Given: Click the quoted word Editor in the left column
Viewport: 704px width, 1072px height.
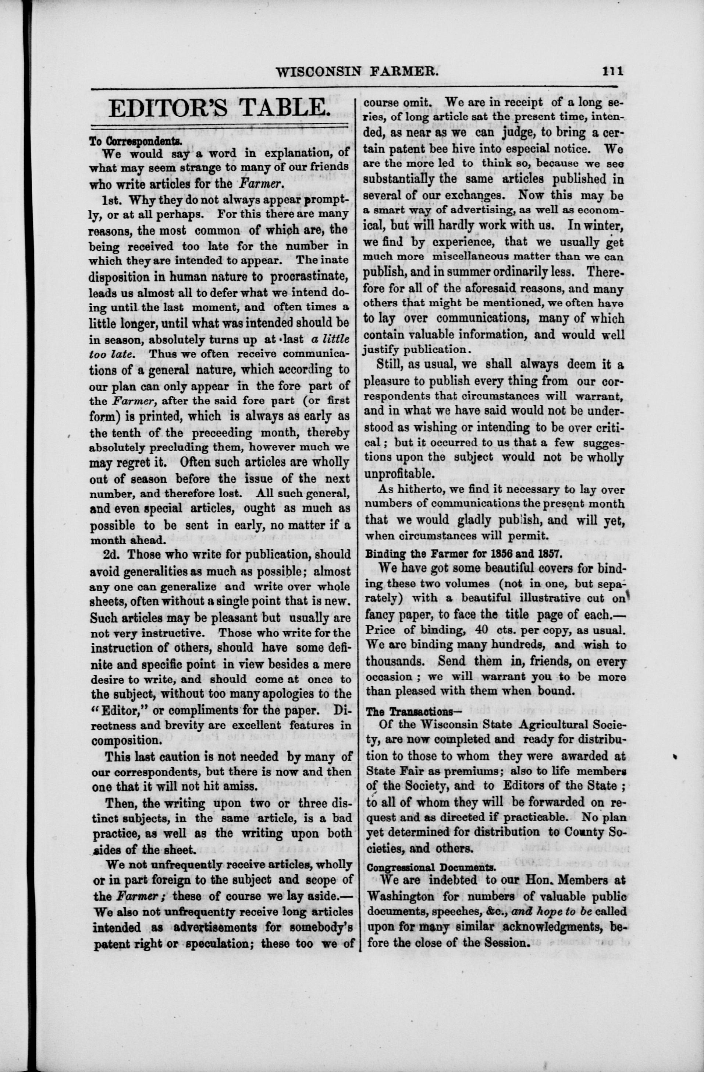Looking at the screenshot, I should coord(120,710).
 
